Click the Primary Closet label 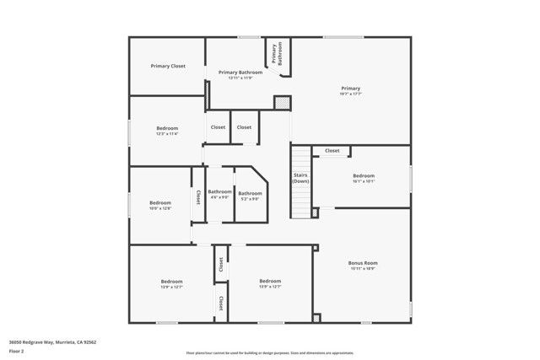click(x=168, y=66)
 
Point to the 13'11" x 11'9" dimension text click(x=240, y=78)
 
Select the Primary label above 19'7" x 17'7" click(x=350, y=88)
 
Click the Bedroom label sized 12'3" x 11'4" click(x=167, y=128)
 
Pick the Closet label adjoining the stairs click(x=332, y=151)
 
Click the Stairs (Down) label click(x=300, y=178)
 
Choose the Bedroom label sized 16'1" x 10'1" click(x=364, y=175)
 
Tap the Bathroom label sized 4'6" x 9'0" click(x=219, y=192)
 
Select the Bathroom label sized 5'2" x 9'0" click(x=251, y=193)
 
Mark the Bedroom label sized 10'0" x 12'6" click(x=160, y=202)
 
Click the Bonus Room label click(x=363, y=263)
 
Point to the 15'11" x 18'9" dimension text click(x=363, y=269)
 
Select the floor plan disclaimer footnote click(x=269, y=353)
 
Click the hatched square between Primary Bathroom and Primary click(x=281, y=101)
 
